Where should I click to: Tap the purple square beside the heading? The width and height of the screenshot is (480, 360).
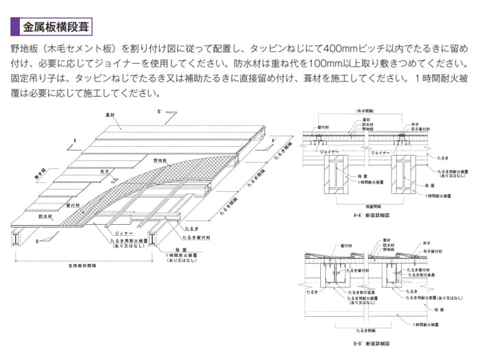tap(15, 27)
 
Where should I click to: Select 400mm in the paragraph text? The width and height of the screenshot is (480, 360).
tap(339, 49)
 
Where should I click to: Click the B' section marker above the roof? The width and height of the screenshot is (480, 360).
tap(159, 110)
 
